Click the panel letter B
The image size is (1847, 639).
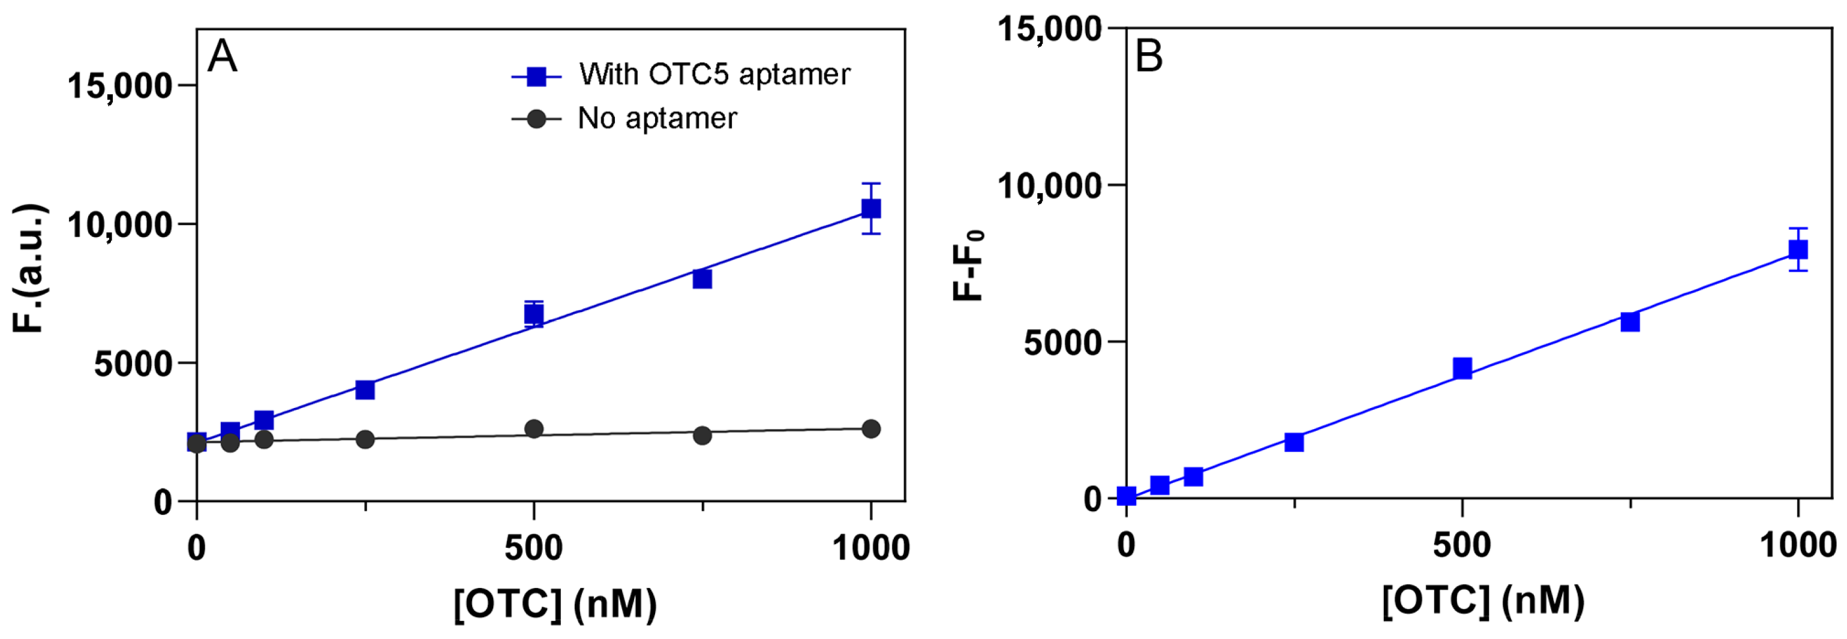[1149, 56]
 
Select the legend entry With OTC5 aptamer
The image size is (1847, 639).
[714, 74]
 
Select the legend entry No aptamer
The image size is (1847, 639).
[657, 118]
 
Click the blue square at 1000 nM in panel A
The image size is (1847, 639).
[870, 209]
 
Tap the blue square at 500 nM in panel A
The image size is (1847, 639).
[533, 314]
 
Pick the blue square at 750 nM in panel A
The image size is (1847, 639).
[702, 278]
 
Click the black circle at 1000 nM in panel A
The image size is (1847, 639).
[870, 429]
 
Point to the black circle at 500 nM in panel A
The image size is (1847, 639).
[533, 429]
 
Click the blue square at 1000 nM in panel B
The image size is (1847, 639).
[1798, 250]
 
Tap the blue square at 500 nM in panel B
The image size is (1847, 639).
[1462, 368]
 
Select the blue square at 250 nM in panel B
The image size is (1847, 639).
[1293, 442]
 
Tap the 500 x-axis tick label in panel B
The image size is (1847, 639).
[1462, 546]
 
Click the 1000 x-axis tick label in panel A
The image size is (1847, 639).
[870, 548]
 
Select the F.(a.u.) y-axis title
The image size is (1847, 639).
[30, 269]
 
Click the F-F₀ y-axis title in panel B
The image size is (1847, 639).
[968, 265]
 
